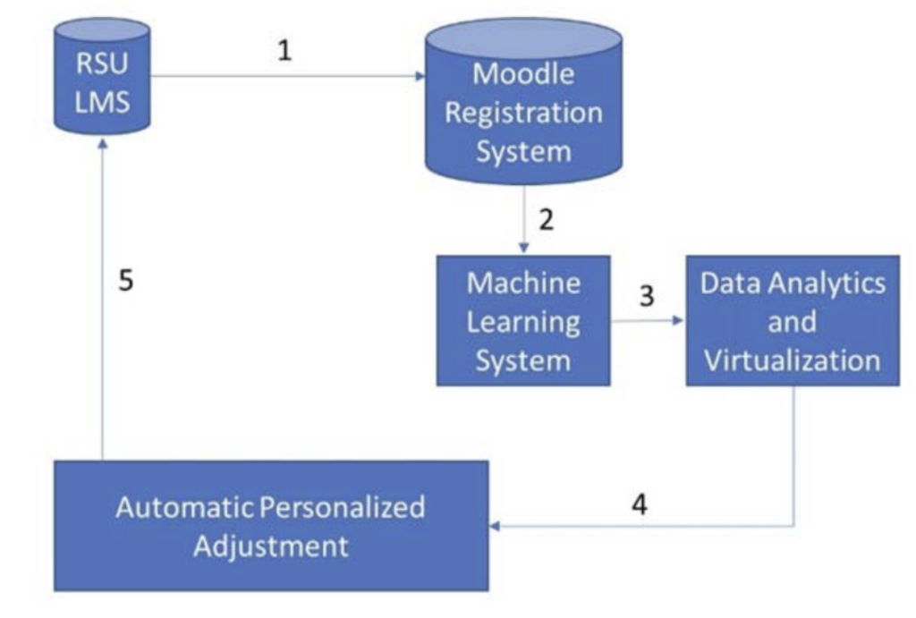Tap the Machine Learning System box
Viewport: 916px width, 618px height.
(x=523, y=321)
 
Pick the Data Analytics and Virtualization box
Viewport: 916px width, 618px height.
(x=792, y=321)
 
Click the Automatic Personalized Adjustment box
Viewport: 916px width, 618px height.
(x=271, y=526)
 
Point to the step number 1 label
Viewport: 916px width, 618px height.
(x=284, y=51)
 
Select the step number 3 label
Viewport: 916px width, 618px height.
(x=647, y=296)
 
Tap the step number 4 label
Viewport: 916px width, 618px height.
(x=639, y=504)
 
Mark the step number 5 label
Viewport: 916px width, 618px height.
(x=128, y=281)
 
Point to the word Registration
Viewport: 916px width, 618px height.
(x=523, y=113)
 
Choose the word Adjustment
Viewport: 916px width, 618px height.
(x=271, y=545)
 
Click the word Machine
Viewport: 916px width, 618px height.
(x=523, y=283)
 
